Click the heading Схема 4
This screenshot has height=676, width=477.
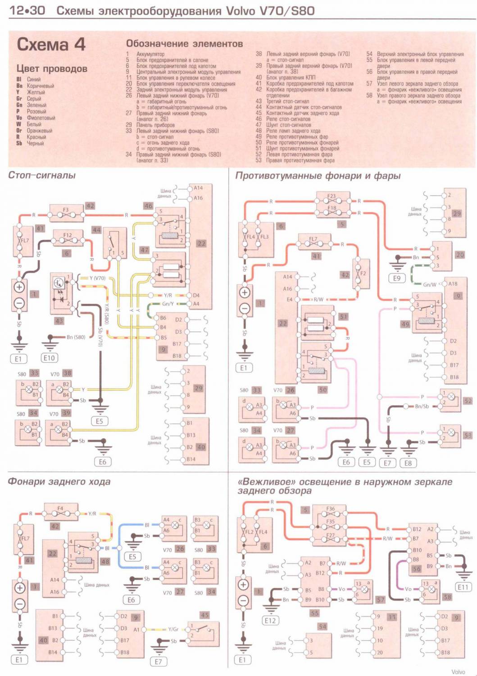coord(51,45)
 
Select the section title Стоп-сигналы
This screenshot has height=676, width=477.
coord(42,175)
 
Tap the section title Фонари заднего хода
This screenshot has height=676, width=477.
coord(59,481)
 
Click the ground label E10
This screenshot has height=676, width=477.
coord(49,358)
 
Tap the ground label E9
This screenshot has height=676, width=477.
coord(396,278)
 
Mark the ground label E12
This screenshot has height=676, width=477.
coord(270,621)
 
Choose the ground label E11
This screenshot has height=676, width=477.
coord(463,587)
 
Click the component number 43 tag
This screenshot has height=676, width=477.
coord(59,321)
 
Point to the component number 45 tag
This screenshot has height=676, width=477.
coord(204,615)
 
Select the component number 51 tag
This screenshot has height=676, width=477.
coord(344,317)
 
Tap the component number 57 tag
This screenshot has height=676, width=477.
coord(381,600)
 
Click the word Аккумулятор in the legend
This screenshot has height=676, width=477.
coord(150,54)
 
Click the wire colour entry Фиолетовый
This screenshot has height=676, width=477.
coord(41,118)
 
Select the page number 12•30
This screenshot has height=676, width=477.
coord(27,10)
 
